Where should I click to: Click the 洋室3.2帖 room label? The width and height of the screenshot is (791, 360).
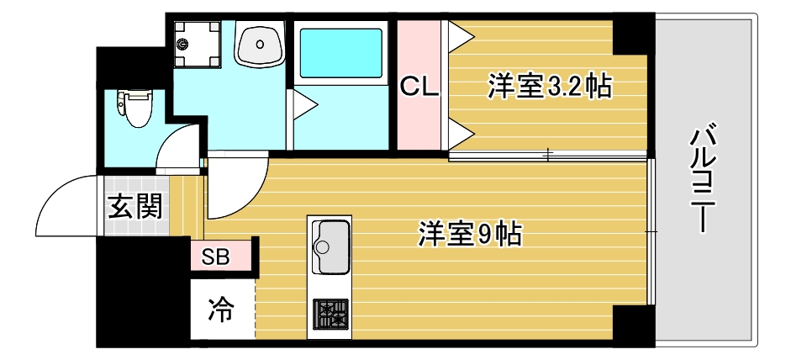tap(550, 87)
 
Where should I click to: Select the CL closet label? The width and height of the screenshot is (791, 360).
tap(419, 87)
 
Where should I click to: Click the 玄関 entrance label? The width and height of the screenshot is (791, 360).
tap(134, 207)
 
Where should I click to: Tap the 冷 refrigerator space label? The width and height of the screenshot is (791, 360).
tap(220, 310)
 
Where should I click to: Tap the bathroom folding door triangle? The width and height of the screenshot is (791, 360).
tap(303, 105)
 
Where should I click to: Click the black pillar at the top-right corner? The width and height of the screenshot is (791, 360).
tap(633, 34)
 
